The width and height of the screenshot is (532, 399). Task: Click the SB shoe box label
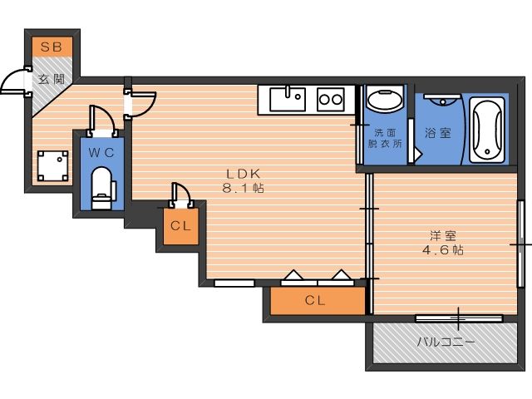coord(52,47)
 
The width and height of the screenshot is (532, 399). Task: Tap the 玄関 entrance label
coord(52,79)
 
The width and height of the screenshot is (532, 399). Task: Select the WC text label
coord(101,153)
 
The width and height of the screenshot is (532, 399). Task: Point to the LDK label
coord(244,174)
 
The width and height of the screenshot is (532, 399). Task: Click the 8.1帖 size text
coord(244,188)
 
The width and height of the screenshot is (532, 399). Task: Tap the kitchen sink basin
coord(288,99)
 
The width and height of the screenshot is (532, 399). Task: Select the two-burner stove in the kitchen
coord(331,100)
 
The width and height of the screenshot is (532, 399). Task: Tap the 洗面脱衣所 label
coord(385,138)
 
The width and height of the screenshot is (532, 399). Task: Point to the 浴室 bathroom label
coord(438,132)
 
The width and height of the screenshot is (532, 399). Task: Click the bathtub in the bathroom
coord(487,130)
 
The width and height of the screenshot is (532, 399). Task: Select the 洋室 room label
coord(443,235)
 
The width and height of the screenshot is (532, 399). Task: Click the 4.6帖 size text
coord(443,250)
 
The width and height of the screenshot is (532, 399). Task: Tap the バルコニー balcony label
coord(446,342)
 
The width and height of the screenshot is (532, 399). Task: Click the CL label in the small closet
coord(180,226)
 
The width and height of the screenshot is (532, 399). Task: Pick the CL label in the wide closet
coord(315,300)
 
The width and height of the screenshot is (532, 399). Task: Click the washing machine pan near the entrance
coord(52,166)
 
